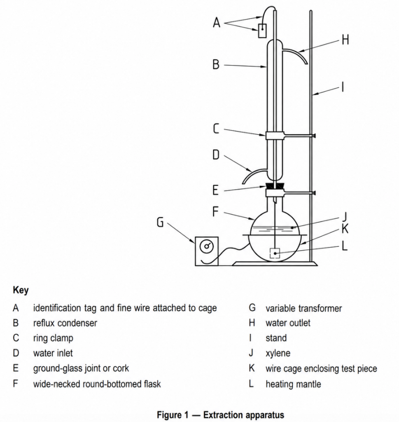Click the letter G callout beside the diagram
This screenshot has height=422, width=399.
[x=160, y=223]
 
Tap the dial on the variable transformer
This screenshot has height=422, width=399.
[x=207, y=247]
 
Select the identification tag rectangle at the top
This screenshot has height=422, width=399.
[x=262, y=30]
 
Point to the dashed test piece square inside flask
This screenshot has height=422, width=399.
[x=275, y=253]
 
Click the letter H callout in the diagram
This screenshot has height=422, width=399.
[x=345, y=40]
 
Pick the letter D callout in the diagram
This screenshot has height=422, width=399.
[x=216, y=155]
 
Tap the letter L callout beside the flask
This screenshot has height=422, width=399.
[x=345, y=246]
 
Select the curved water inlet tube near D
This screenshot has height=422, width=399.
[x=254, y=174]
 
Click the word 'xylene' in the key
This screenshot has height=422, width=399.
[x=278, y=353]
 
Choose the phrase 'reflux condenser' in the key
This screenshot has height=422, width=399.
[x=65, y=323]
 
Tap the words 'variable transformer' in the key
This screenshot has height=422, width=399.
[x=303, y=308]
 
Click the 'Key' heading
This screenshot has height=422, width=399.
[x=21, y=290]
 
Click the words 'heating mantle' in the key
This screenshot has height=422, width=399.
[x=293, y=384]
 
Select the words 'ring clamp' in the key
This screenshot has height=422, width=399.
[x=53, y=338]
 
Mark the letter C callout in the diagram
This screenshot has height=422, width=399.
[x=216, y=129]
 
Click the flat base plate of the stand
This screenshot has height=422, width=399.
[x=275, y=263]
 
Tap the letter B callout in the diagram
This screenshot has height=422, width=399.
[x=216, y=65]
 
